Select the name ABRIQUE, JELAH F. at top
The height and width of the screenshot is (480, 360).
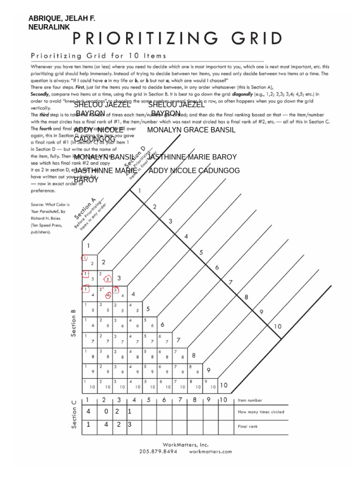(61, 19)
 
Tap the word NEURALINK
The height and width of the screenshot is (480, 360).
(49, 27)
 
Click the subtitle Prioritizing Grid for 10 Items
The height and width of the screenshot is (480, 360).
(98, 55)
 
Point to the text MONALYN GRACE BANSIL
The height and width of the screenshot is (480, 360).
(191, 130)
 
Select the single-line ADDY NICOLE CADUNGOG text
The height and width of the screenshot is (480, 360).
(194, 170)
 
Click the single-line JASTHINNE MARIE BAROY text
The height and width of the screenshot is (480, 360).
(192, 157)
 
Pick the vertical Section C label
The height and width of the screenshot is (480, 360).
(74, 414)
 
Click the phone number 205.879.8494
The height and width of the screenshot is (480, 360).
(158, 451)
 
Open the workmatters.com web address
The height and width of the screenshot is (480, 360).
(210, 451)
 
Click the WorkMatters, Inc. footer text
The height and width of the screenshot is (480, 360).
(185, 444)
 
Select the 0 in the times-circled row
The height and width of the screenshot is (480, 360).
(106, 412)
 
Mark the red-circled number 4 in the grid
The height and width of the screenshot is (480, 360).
(108, 295)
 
